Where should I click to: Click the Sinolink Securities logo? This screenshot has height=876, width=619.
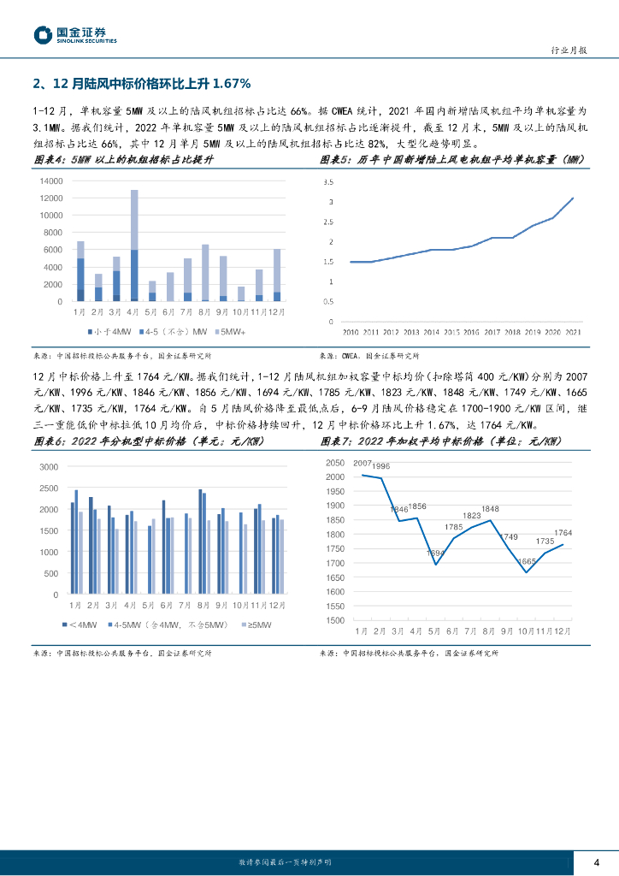75,34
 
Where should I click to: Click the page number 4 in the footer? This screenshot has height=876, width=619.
597,861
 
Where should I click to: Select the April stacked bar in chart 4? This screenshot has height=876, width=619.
134,246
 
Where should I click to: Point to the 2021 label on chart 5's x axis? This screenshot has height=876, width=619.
573,332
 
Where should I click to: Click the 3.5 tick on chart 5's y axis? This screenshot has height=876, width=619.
328,182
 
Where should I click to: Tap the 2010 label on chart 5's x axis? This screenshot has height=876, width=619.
351,332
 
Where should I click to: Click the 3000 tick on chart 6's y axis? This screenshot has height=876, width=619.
49,466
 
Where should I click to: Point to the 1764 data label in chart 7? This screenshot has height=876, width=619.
563,533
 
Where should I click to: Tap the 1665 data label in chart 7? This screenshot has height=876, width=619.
527,561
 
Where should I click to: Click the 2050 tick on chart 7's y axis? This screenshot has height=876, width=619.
334,462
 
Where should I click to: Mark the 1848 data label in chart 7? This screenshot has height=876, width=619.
490,509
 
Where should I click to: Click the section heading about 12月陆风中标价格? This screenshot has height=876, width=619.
141,83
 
